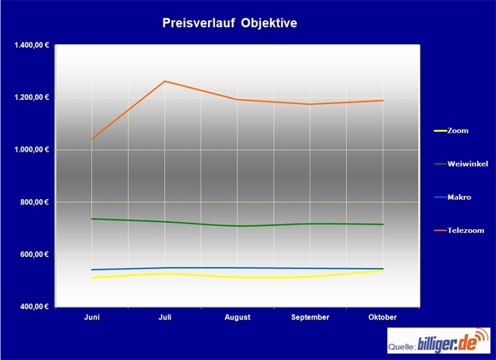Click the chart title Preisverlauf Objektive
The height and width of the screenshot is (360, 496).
[x=229, y=23]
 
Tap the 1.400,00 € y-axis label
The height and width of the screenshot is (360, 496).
[x=32, y=45]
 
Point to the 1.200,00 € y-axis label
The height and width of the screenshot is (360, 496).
[x=32, y=98]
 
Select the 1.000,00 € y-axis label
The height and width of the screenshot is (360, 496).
[x=32, y=150]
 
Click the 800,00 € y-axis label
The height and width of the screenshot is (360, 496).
[x=35, y=202]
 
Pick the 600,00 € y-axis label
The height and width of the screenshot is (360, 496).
[x=35, y=255]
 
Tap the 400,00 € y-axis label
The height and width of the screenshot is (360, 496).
[x=35, y=307]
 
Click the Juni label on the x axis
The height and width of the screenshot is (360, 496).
[x=92, y=317]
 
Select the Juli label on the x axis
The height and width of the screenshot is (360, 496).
[x=164, y=317]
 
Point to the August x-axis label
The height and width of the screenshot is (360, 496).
[x=237, y=317]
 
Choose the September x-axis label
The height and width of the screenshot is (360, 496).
[x=310, y=317]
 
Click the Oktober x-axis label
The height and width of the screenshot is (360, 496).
[x=383, y=317]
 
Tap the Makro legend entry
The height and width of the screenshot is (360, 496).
[x=459, y=197]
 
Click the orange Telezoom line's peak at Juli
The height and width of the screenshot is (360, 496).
[x=164, y=81]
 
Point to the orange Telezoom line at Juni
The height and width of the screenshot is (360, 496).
[x=92, y=139]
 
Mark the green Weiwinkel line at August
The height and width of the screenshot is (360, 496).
[x=237, y=226]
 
